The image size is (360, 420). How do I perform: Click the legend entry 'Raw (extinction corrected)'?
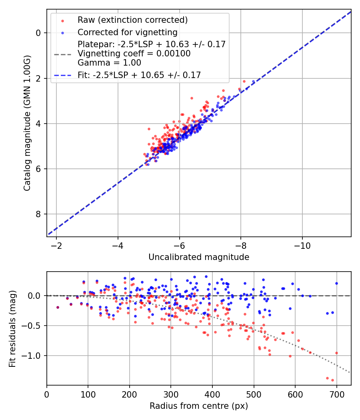point(132,20)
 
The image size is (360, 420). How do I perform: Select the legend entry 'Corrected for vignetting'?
point(128,32)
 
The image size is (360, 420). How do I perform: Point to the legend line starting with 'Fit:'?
point(139,75)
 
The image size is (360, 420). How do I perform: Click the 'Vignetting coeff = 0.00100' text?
point(134,54)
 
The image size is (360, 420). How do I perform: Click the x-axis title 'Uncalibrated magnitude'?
point(199,257)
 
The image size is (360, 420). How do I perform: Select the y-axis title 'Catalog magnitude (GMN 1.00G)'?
point(27,123)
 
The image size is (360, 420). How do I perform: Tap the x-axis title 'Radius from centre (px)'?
point(199,406)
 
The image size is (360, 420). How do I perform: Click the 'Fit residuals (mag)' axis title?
point(12,329)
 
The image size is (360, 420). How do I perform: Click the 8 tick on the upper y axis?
point(39,214)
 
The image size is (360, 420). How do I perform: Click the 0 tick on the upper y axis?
point(39,33)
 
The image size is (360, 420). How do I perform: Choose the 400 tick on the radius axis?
point(212,394)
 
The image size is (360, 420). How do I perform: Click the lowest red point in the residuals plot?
point(332,380)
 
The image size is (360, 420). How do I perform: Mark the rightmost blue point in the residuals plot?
point(336,283)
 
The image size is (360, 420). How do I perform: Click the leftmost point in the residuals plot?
point(58,307)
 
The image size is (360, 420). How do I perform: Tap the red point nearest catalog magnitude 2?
point(244,81)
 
